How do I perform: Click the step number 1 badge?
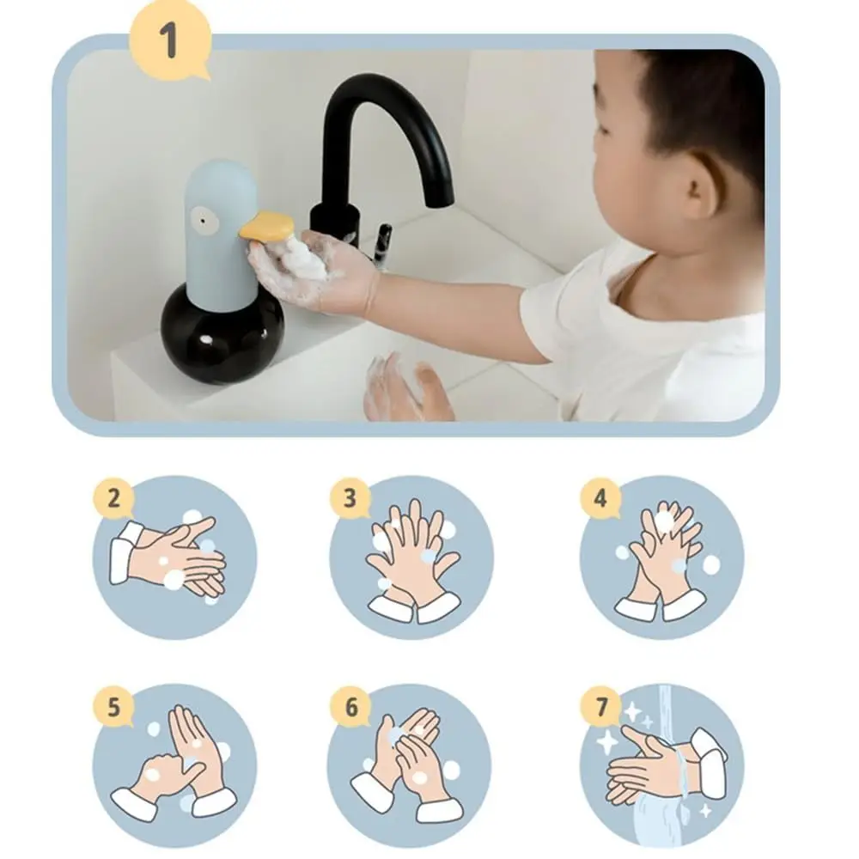click(x=168, y=40)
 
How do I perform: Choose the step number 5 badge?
click(x=114, y=709)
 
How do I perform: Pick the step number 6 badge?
click(x=350, y=709)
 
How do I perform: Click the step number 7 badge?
click(x=600, y=709)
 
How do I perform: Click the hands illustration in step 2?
click(x=172, y=558)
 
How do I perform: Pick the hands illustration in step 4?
click(x=661, y=558)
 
